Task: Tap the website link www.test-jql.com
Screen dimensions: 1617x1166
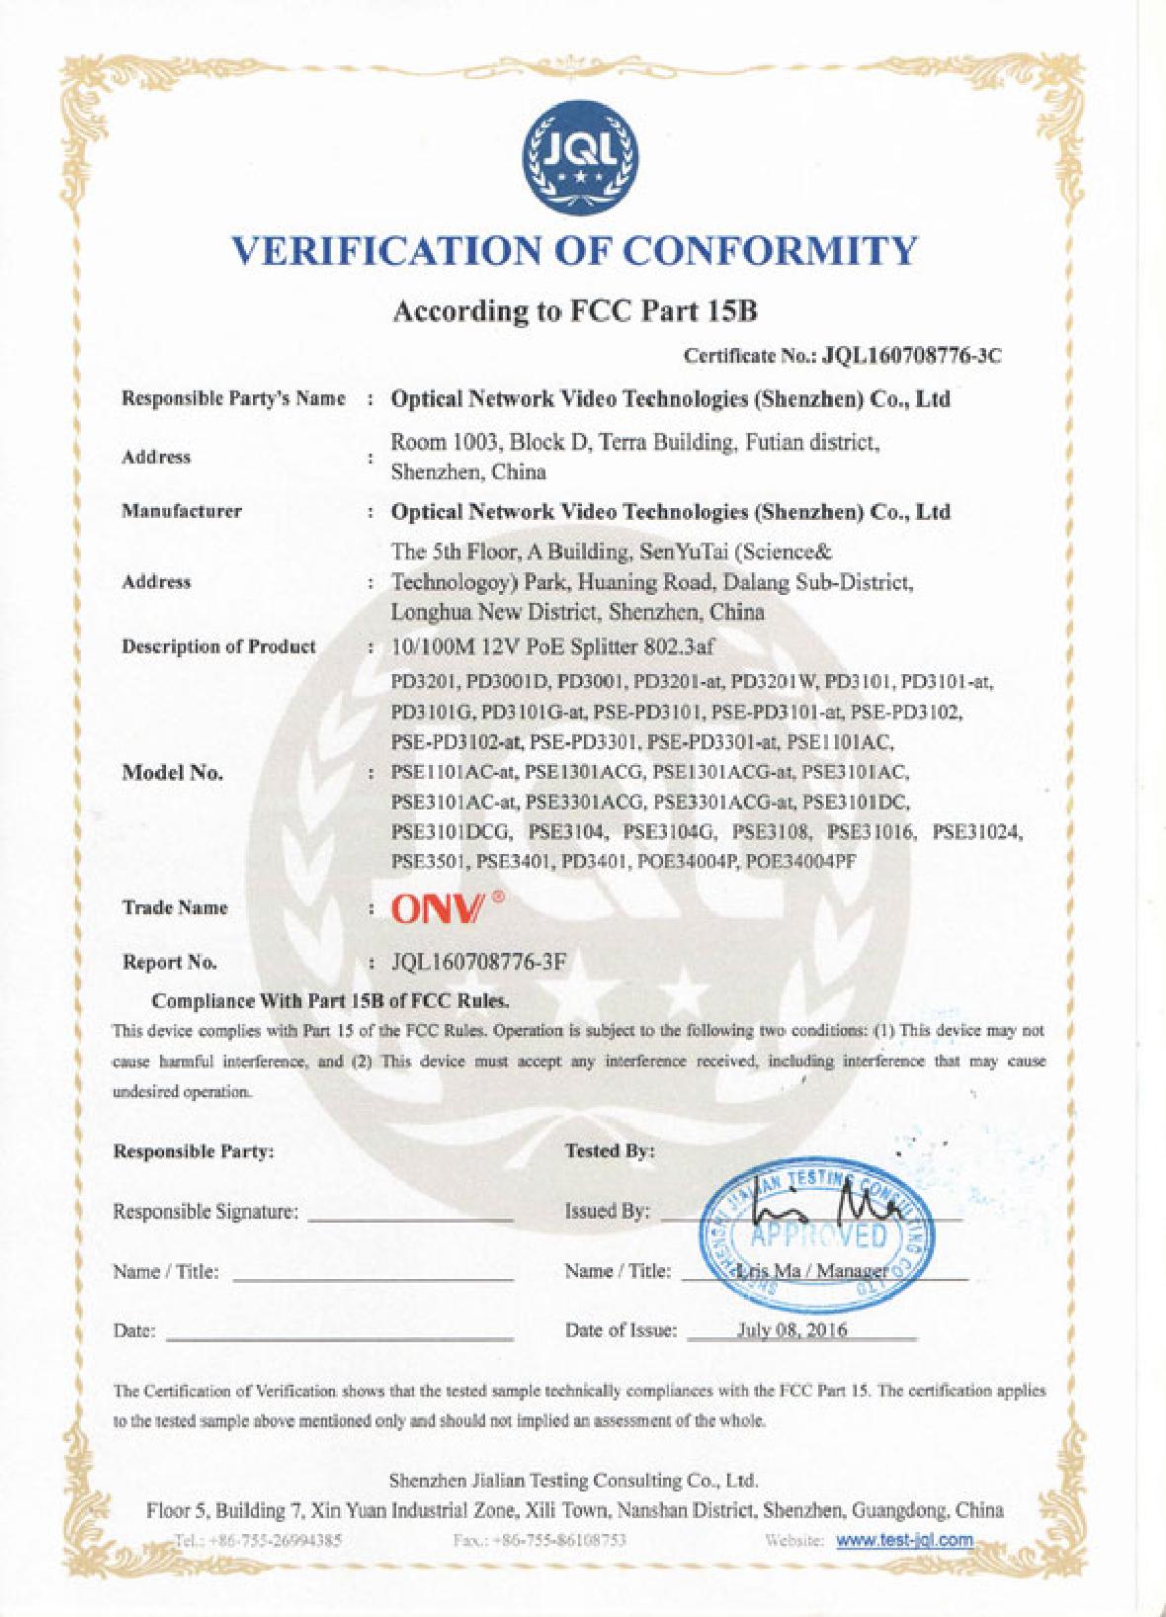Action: point(905,1540)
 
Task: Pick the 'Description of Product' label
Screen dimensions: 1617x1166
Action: point(218,646)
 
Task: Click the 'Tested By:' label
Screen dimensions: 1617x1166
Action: point(610,1151)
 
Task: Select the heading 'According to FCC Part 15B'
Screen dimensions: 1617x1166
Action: point(575,311)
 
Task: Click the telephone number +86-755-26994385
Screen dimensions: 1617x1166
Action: point(258,1540)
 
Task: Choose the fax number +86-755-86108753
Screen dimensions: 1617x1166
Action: point(537,1540)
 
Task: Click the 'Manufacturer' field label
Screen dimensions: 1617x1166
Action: point(181,512)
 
